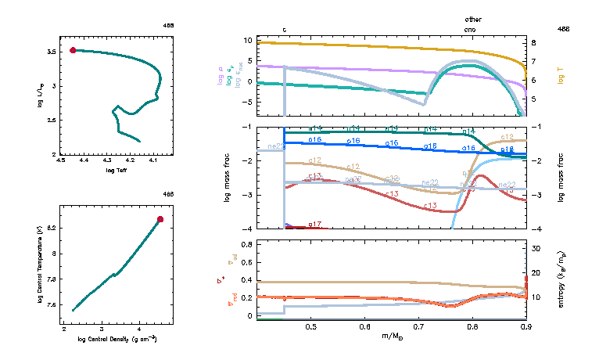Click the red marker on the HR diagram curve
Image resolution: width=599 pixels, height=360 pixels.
point(73,50)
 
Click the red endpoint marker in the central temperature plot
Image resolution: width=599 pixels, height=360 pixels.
point(160,219)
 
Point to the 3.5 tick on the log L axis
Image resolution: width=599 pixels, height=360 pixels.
point(52,52)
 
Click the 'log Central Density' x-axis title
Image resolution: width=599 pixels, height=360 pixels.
point(117,338)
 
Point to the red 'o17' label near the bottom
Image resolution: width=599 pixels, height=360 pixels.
point(315,225)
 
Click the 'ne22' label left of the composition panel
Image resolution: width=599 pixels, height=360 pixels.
point(275,146)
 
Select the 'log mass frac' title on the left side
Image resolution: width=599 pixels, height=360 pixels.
point(228,178)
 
